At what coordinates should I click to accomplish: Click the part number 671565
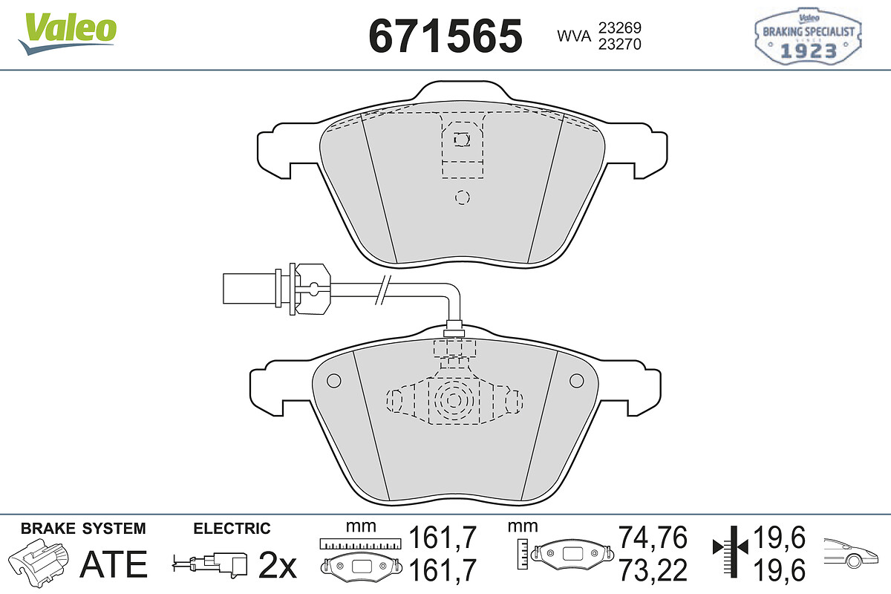[446, 36]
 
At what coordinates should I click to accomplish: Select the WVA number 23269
[620, 28]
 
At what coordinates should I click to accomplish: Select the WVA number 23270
[620, 44]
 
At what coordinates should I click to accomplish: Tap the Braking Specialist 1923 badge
[808, 36]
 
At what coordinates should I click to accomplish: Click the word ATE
[114, 564]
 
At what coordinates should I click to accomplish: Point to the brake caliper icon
[39, 561]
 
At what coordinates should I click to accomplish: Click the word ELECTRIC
[232, 529]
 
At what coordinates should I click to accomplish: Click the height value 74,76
[653, 537]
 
